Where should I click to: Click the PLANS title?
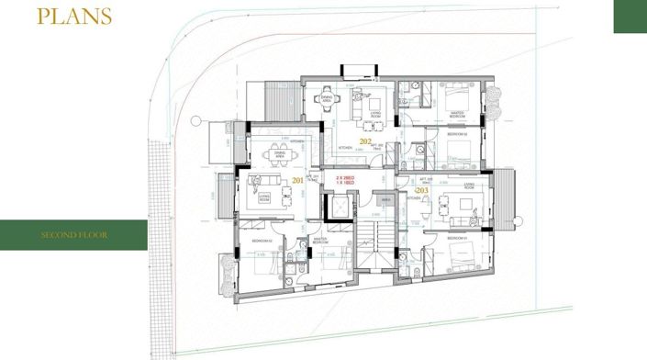point(74,17)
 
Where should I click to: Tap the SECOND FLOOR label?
point(73,236)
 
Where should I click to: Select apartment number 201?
point(296,181)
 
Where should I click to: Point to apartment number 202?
point(365,141)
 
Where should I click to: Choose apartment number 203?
point(421,190)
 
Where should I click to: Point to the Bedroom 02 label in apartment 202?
point(457,135)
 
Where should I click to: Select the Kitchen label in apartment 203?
point(414,197)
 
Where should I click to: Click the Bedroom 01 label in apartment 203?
point(457,238)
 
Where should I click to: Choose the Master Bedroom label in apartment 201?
point(321,240)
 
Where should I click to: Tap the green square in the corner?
point(630,17)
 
